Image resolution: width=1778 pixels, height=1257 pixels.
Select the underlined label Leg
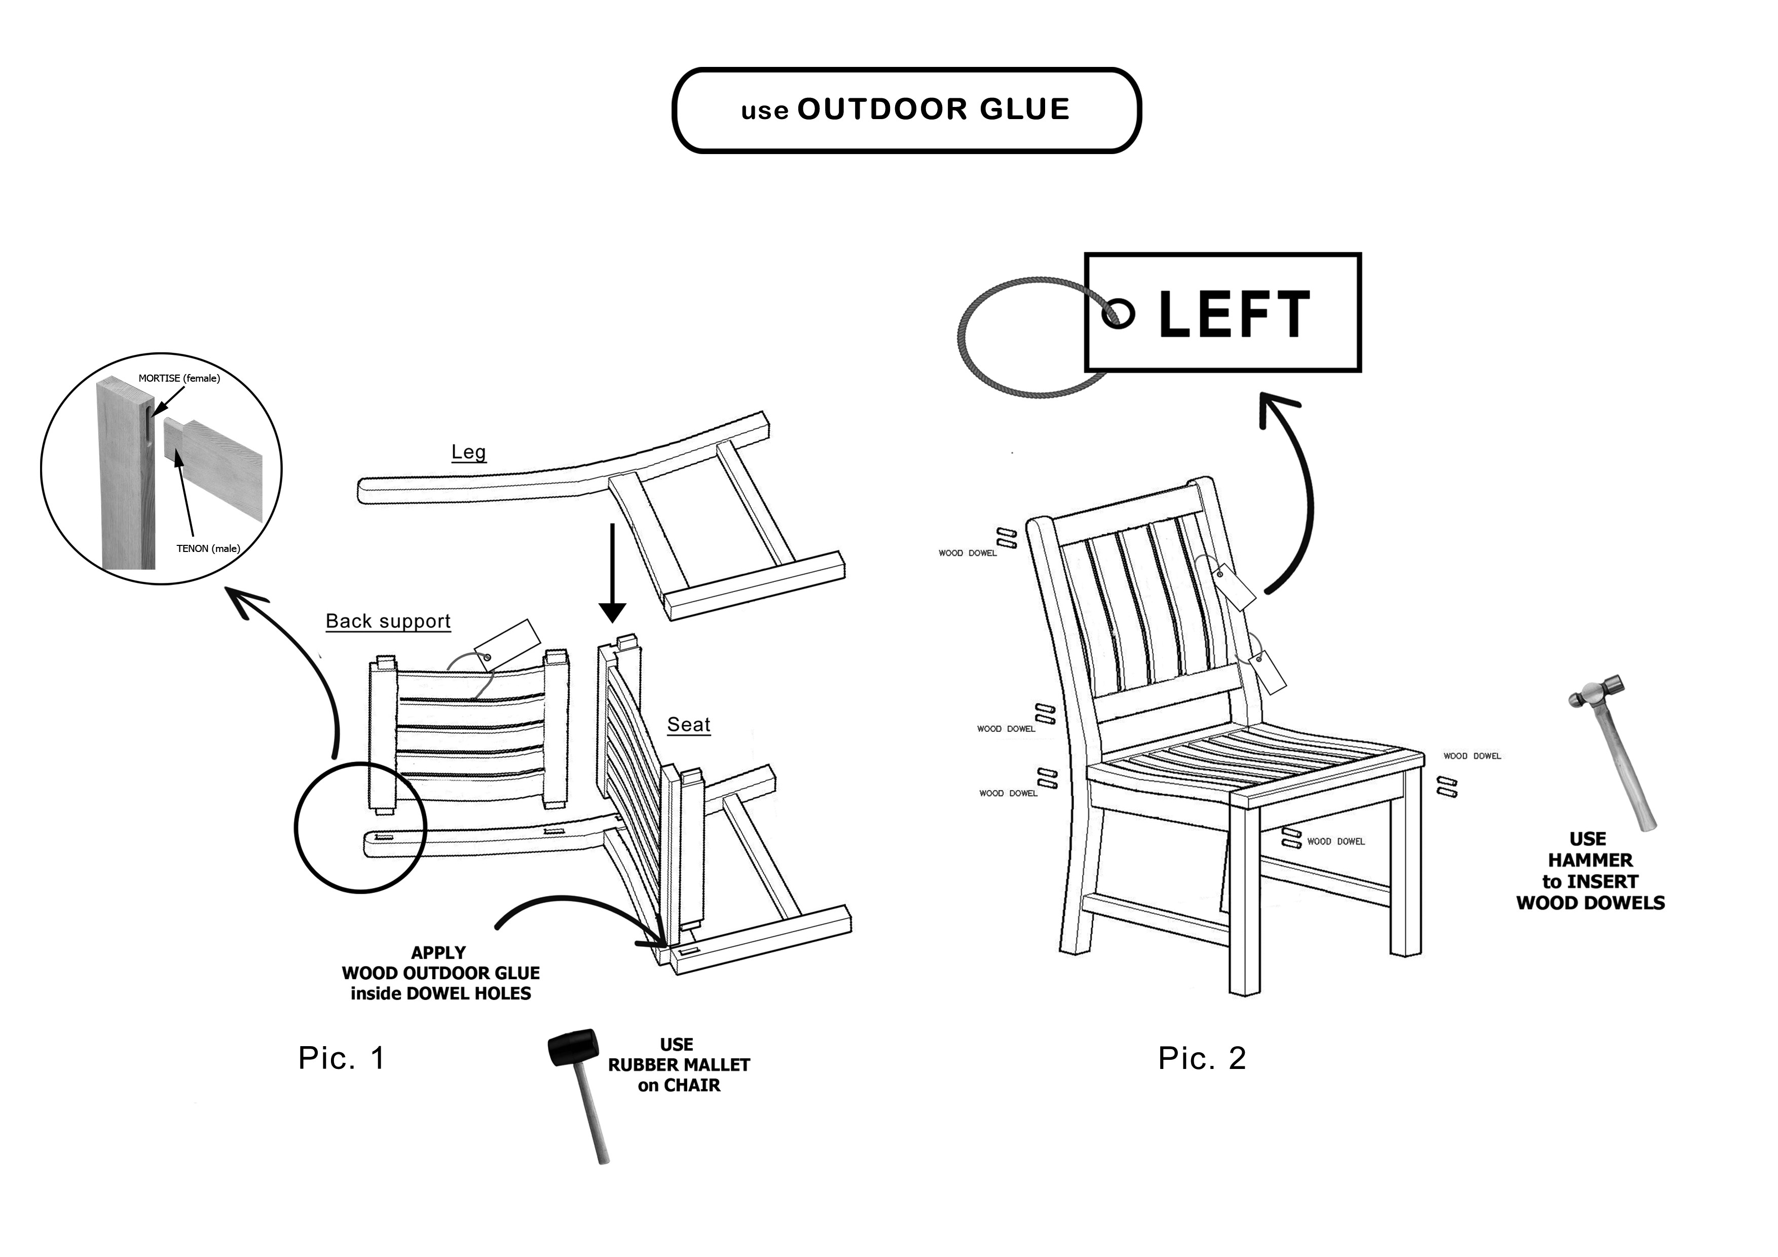468,452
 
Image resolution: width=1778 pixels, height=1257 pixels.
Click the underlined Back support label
388,621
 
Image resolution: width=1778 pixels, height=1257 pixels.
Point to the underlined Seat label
688,725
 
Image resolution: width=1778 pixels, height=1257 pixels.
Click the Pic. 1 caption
342,1058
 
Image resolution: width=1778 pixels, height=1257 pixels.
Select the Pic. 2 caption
1202,1058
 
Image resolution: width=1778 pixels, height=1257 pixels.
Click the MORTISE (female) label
179,379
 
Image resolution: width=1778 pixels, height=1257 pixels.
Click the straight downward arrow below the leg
613,573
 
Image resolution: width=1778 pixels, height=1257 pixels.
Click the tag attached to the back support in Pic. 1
506,644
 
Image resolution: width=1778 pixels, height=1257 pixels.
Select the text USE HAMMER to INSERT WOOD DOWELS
1590,871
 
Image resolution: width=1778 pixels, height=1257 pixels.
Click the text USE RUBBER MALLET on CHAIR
678,1065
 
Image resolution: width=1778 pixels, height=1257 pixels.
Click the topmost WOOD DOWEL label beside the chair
967,553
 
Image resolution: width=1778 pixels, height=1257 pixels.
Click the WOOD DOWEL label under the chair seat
1336,841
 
